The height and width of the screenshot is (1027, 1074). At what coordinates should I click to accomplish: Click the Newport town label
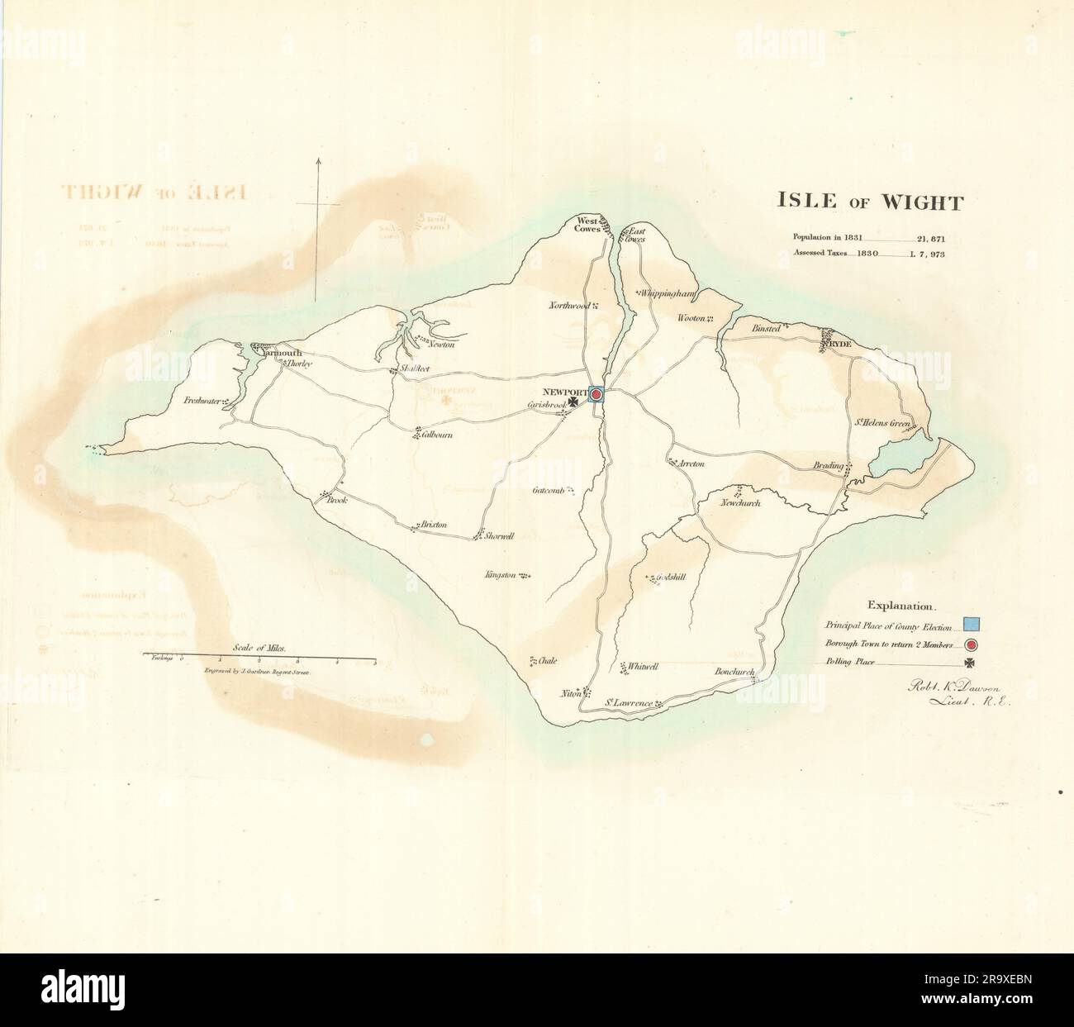click(564, 391)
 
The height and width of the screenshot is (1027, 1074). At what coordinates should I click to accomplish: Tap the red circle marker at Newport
click(596, 396)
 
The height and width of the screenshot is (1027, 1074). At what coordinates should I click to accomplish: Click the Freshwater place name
click(203, 402)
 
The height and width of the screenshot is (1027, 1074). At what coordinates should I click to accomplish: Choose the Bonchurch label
click(734, 672)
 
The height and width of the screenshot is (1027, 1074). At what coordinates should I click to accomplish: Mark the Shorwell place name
click(499, 536)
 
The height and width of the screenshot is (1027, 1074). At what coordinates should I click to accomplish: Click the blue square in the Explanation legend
click(972, 624)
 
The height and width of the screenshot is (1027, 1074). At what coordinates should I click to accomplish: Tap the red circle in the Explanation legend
click(972, 645)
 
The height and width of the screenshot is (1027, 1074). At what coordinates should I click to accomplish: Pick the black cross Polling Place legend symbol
click(970, 663)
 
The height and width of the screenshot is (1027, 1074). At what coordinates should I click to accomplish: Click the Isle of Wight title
click(868, 202)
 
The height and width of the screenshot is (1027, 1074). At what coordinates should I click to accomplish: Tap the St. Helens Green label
click(882, 424)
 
